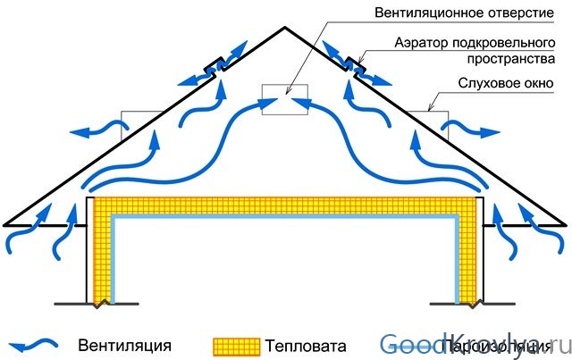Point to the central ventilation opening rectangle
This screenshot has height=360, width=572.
pyautogui.click(x=284, y=100)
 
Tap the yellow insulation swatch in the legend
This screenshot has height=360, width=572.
pyautogui.click(x=234, y=345)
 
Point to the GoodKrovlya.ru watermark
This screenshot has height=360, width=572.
pyautogui.click(x=469, y=344)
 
